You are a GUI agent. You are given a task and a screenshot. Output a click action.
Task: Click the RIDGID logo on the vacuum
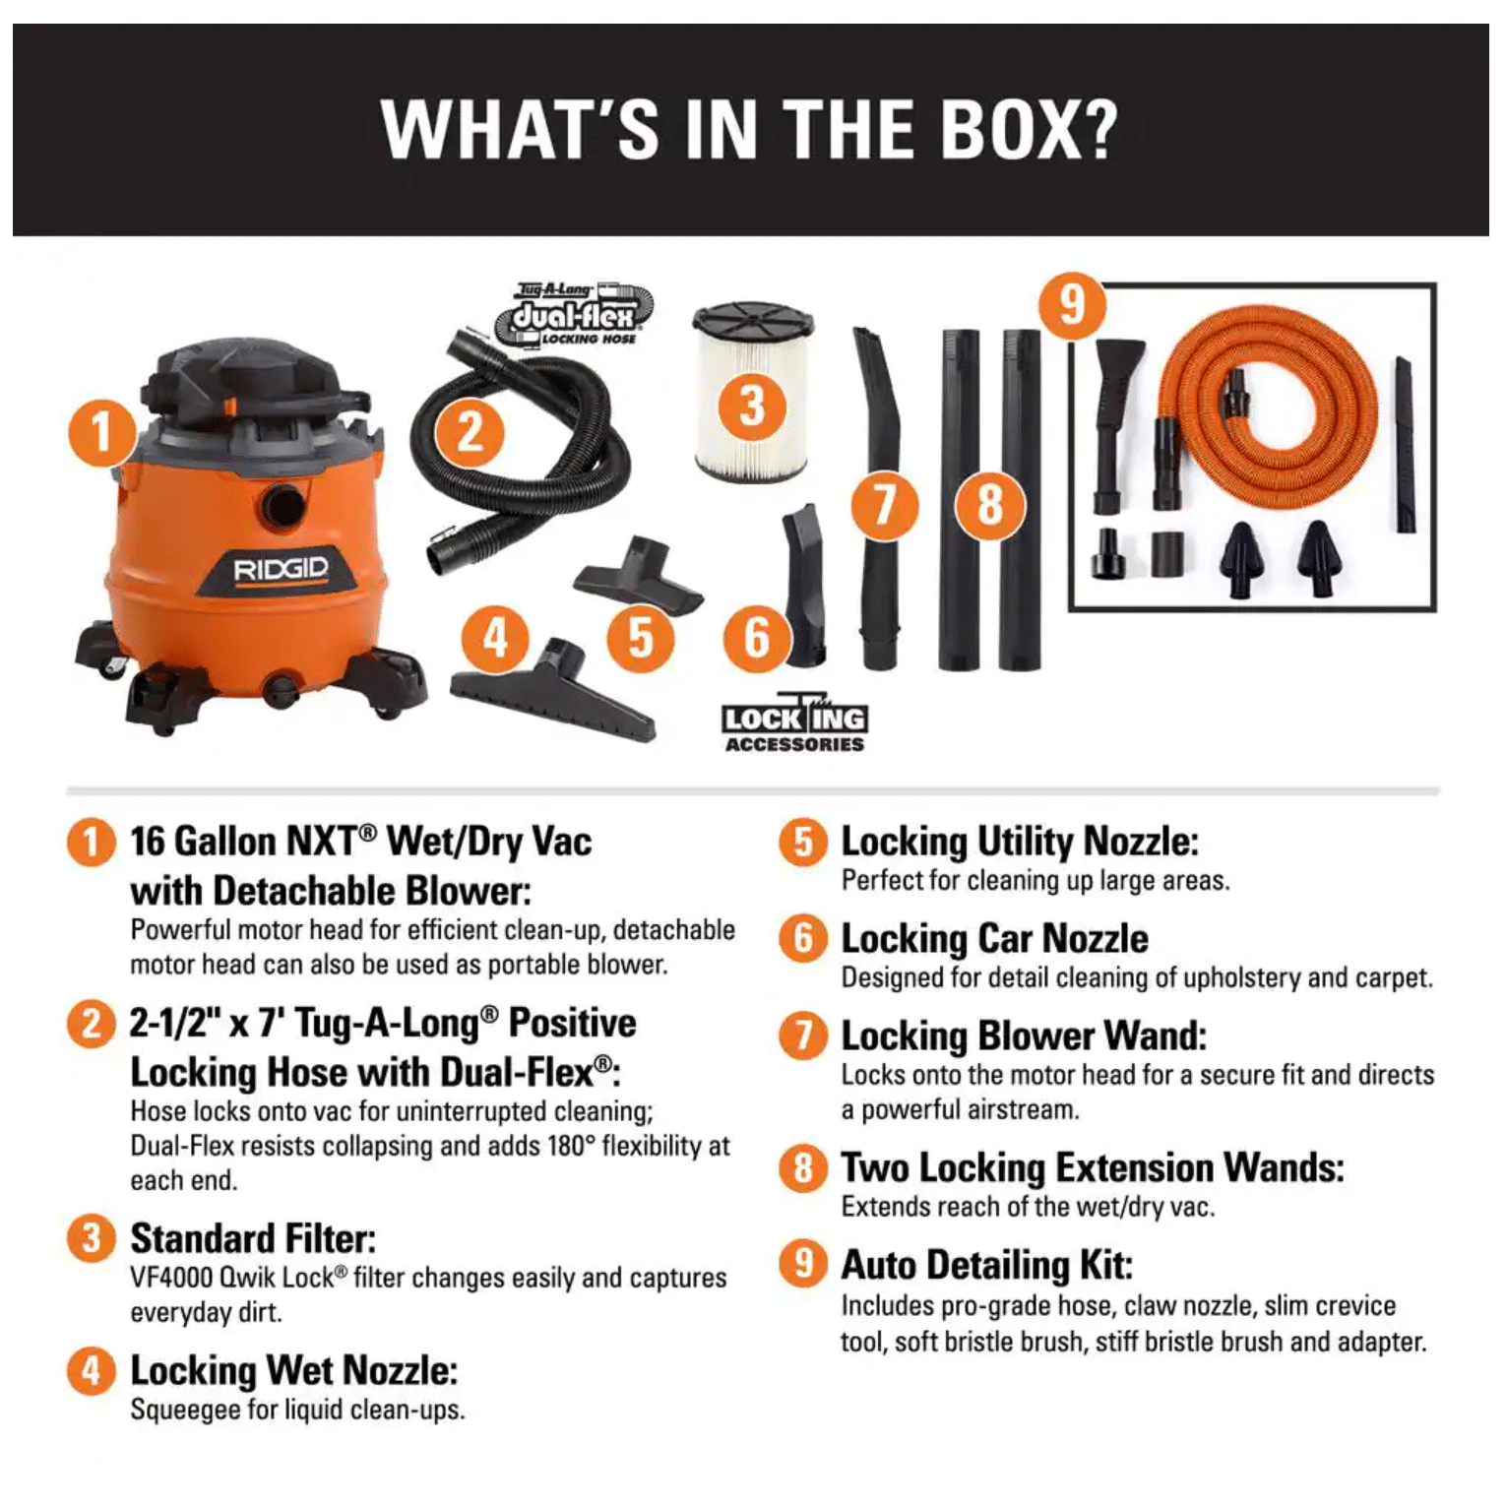click(x=281, y=570)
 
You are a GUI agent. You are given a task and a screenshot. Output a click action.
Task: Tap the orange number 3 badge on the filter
click(x=752, y=407)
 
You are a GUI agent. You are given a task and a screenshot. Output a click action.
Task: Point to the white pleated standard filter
click(x=753, y=392)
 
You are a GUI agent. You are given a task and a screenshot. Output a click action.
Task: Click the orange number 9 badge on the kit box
click(x=1073, y=305)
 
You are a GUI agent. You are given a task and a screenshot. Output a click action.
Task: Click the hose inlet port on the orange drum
click(x=283, y=506)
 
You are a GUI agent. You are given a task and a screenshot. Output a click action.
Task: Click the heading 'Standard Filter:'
click(x=253, y=1238)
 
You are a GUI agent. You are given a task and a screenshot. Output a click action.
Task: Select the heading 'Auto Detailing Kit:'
click(x=986, y=1265)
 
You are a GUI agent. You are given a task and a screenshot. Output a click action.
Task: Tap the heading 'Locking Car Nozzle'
click(x=994, y=939)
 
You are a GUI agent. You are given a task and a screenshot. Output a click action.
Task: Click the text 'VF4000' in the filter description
click(x=171, y=1278)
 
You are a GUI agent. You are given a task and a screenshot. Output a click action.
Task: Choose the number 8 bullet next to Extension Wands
click(x=803, y=1168)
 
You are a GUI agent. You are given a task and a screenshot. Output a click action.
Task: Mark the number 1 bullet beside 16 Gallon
click(x=91, y=843)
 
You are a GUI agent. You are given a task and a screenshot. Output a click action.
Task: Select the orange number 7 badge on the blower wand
click(x=884, y=506)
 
